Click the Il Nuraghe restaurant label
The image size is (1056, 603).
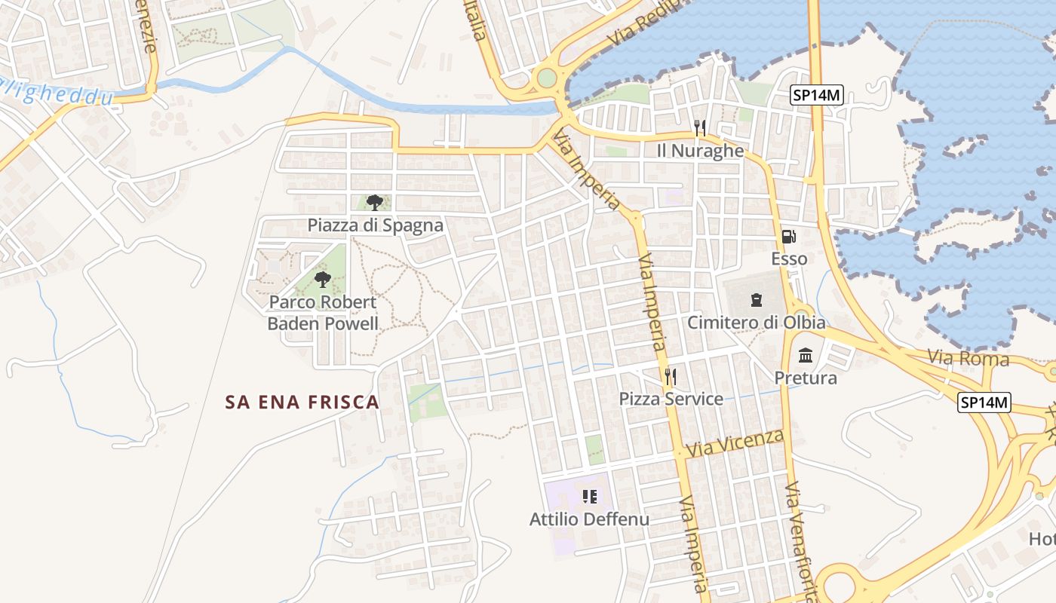click(x=700, y=151)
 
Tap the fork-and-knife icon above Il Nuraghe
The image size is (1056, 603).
click(x=700, y=128)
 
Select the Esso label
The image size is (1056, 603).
click(x=789, y=259)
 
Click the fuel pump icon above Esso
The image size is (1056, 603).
click(x=789, y=237)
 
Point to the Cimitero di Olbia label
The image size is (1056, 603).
click(x=756, y=323)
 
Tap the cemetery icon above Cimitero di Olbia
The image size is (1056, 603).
click(x=756, y=300)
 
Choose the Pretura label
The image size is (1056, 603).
click(x=806, y=378)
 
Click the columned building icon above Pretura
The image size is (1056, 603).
click(x=806, y=355)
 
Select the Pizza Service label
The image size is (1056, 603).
click(x=671, y=399)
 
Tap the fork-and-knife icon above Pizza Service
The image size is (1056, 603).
click(x=669, y=376)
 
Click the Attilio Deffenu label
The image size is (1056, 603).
click(x=589, y=519)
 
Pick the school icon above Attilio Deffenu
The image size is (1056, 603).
click(x=590, y=496)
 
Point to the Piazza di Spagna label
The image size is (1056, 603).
click(x=375, y=225)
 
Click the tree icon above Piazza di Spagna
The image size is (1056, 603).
click(x=374, y=202)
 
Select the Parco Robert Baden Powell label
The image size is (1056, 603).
click(x=323, y=313)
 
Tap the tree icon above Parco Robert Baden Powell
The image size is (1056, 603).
click(x=323, y=280)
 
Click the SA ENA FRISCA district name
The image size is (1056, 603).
click(x=302, y=403)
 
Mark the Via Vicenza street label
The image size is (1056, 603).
click(x=736, y=443)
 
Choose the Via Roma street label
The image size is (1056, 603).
click(x=968, y=358)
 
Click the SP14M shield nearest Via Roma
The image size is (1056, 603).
click(x=984, y=403)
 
